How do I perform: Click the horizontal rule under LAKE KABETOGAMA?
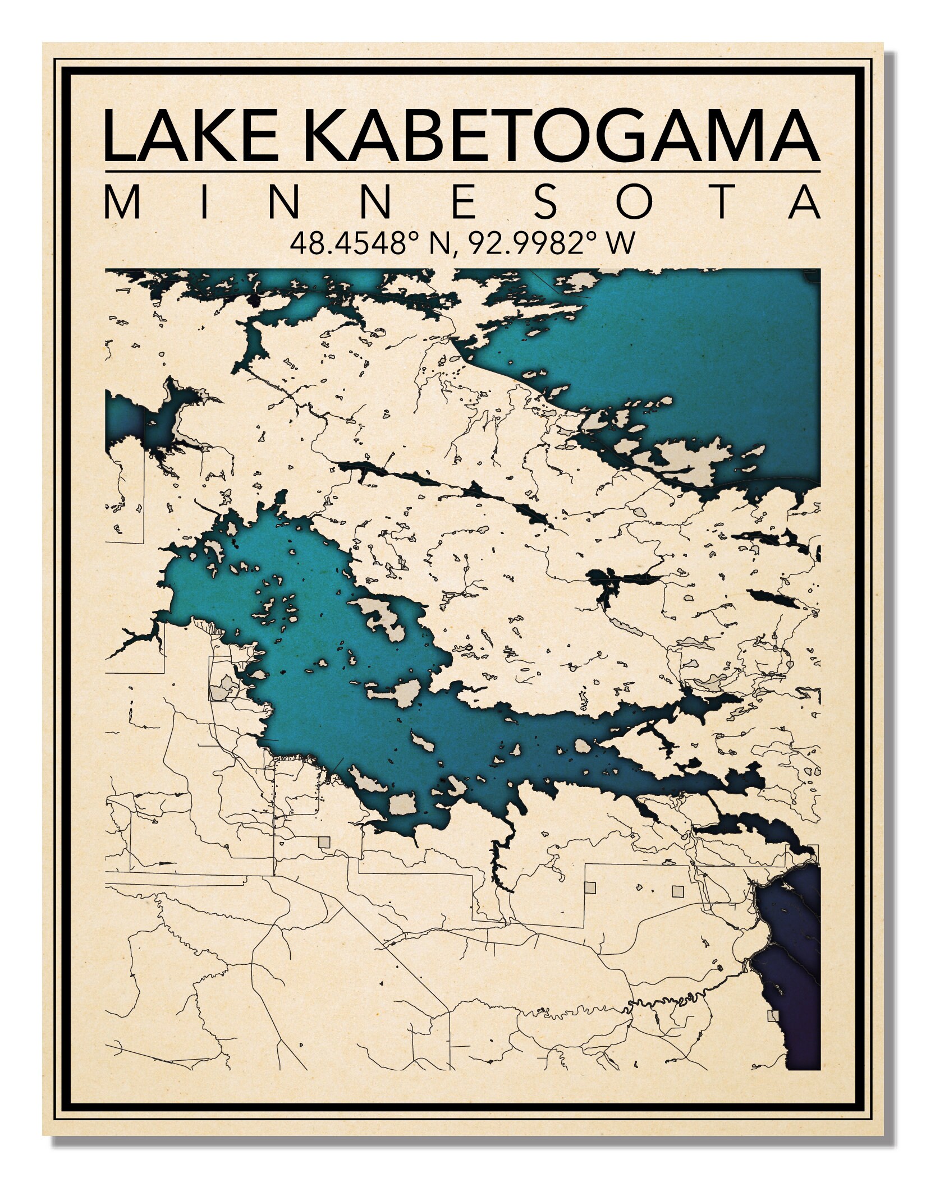[462, 172]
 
